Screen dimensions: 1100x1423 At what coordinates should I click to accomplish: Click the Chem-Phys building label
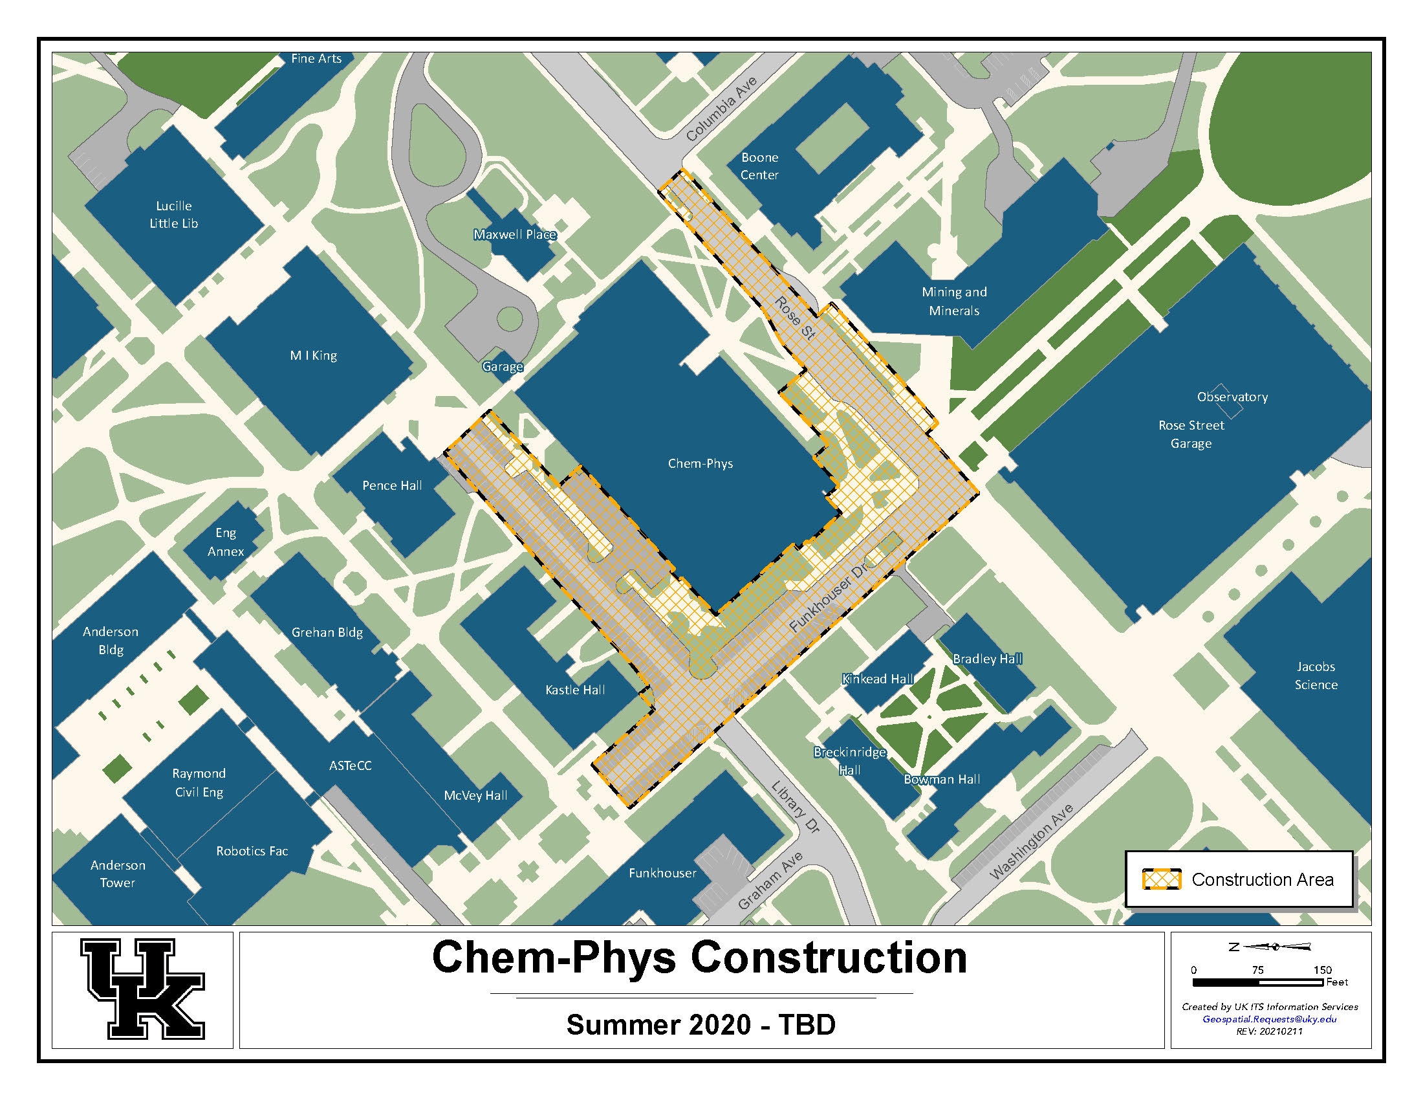[700, 463]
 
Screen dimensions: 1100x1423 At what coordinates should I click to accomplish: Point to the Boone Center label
[759, 166]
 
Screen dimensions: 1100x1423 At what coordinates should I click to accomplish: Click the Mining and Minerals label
[954, 301]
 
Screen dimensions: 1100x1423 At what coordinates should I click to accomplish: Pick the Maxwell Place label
[515, 235]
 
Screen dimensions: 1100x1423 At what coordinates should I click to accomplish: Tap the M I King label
[314, 355]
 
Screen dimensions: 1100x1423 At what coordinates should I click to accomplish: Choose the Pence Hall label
[391, 485]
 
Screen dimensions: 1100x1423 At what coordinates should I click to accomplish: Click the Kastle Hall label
[574, 690]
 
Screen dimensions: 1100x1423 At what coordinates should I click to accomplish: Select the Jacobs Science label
[1316, 675]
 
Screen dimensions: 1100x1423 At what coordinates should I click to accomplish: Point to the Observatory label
[1232, 397]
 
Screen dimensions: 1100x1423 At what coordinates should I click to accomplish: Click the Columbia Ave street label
[721, 109]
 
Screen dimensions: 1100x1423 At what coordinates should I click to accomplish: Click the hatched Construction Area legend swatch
[1161, 879]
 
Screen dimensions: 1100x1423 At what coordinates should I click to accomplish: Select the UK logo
[143, 989]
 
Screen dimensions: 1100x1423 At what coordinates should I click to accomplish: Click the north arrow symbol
[1270, 947]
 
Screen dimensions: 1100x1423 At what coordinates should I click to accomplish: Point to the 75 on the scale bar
[1257, 970]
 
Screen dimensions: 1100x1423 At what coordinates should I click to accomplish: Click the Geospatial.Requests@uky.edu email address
[1269, 1019]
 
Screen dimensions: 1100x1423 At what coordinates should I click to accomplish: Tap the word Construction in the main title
[828, 957]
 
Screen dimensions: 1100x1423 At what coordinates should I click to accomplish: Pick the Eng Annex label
[226, 542]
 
